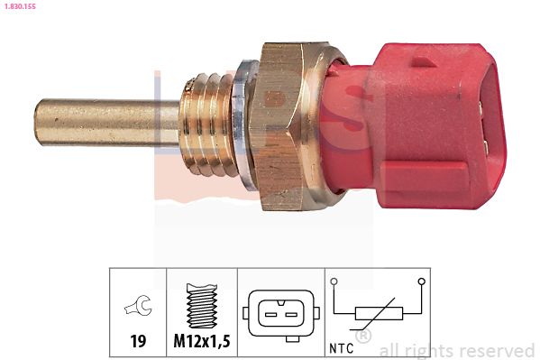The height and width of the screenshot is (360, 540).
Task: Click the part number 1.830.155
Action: point(21,6)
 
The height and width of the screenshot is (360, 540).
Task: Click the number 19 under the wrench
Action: point(138,343)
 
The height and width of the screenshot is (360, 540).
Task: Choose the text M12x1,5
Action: point(201,343)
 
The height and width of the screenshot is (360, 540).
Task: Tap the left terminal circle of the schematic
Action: point(334,282)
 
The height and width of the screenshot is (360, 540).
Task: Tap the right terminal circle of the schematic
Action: point(422,282)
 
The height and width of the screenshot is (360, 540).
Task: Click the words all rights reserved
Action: point(457,350)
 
